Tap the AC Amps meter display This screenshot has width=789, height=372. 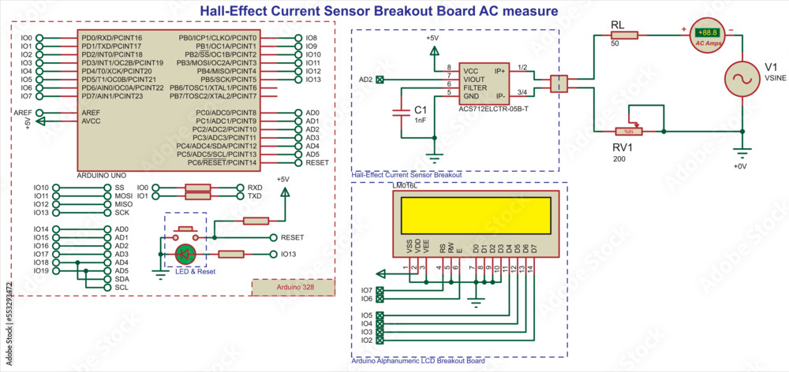pos(707,32)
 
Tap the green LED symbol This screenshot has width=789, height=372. pos(185,254)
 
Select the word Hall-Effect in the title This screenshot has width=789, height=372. pos(233,11)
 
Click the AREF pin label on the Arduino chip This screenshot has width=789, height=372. pos(91,113)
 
